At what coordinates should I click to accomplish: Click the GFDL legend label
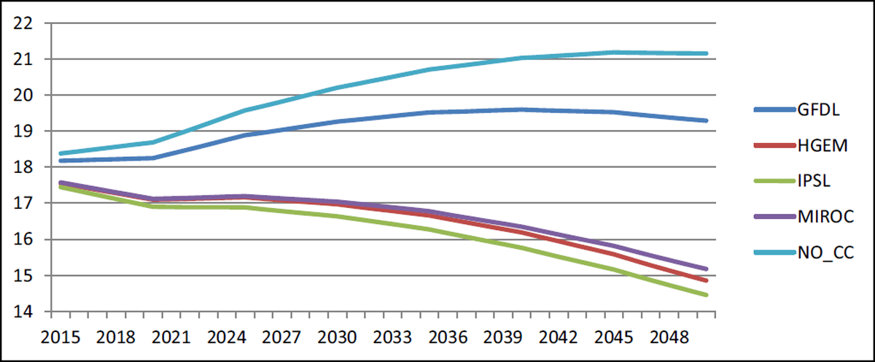[x=818, y=110]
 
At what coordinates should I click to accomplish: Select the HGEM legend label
[x=822, y=146]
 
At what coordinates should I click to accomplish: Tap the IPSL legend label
[x=814, y=181]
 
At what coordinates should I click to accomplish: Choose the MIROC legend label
[x=825, y=217]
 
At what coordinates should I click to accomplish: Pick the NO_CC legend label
[x=825, y=253]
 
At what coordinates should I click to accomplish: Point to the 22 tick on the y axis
[x=23, y=23]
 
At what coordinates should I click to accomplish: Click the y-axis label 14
[x=23, y=312]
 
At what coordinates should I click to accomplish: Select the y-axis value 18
[x=23, y=167]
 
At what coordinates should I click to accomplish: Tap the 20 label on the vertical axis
[x=23, y=96]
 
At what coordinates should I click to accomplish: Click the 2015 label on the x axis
[x=60, y=337]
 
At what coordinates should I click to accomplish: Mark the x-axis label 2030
[x=337, y=337]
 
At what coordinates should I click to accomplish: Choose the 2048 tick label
[x=669, y=337]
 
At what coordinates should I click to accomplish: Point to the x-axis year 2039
[x=502, y=337]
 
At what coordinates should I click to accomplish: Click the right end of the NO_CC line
[x=706, y=53]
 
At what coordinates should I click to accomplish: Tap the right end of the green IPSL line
[x=706, y=295]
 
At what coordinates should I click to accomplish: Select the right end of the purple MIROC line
[x=706, y=269]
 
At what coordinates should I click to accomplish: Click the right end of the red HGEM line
[x=706, y=280]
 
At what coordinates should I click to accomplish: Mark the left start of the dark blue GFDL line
[x=61, y=161]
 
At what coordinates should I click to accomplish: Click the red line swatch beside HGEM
[x=774, y=146]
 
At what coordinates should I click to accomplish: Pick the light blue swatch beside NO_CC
[x=774, y=253]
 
